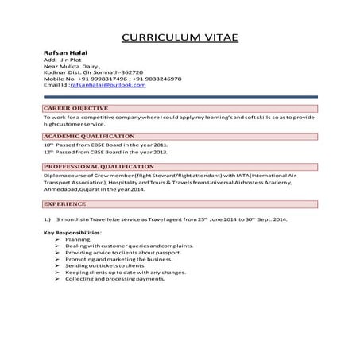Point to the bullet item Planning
pyautogui.click(x=78, y=238)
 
